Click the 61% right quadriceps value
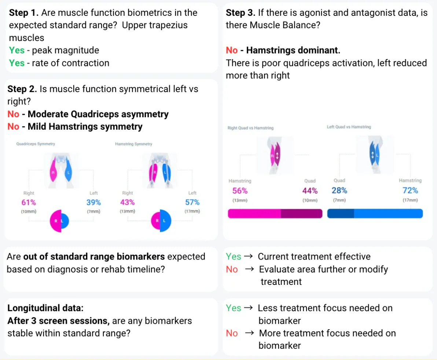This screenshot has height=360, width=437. [x=29, y=202]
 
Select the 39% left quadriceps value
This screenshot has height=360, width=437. [x=93, y=202]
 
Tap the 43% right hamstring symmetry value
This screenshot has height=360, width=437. [x=127, y=202]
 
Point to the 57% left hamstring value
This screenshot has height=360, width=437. [x=192, y=202]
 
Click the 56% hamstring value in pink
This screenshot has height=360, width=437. [x=240, y=191]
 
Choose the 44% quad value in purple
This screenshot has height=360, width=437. [x=310, y=191]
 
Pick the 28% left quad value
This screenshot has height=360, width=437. [x=339, y=190]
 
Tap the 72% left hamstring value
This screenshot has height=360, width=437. [x=410, y=190]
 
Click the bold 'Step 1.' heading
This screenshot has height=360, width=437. [x=24, y=13]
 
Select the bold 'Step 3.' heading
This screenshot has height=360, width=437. [x=240, y=13]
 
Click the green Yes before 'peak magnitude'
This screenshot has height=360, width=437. [x=17, y=50]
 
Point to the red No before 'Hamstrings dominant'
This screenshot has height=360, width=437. [x=232, y=50]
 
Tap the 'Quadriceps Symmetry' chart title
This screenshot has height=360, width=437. [x=36, y=144]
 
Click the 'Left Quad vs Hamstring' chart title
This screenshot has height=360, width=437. [x=349, y=127]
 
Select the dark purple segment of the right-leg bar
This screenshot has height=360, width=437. [x=301, y=214]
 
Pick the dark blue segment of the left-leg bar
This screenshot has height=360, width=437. [x=340, y=214]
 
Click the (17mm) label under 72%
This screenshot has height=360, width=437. [x=410, y=200]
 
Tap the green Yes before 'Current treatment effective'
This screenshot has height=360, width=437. [x=234, y=257]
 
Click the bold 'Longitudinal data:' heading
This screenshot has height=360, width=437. [x=45, y=308]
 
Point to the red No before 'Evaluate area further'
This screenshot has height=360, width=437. [x=232, y=269]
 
